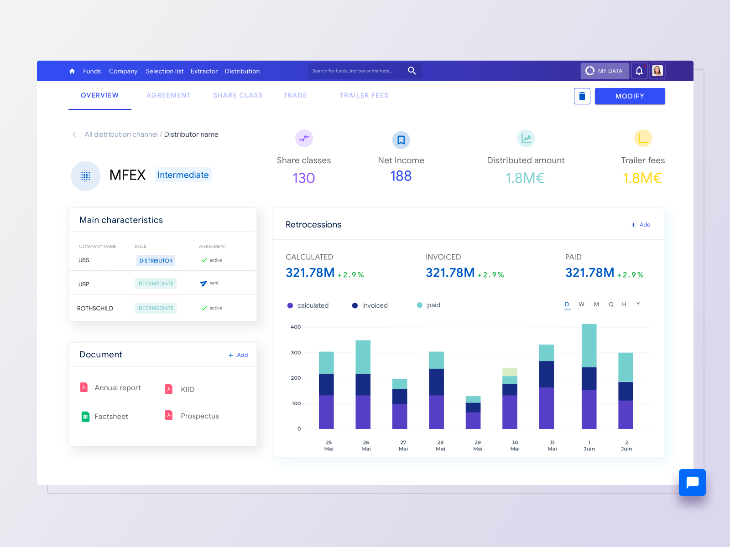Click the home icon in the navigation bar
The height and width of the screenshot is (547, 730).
[72, 71]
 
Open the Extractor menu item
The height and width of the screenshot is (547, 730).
[204, 71]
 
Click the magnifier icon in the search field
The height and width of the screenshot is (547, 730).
[412, 71]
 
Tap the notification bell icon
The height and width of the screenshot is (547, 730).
[639, 71]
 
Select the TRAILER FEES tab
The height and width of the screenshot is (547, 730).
[364, 95]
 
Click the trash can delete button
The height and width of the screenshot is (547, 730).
[582, 96]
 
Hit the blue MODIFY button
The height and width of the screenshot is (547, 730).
[630, 96]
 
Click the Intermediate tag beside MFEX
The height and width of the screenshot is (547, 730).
[183, 175]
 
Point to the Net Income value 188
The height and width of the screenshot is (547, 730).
[401, 176]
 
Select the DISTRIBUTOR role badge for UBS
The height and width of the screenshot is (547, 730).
[156, 261]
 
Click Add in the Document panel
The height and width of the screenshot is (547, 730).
[239, 355]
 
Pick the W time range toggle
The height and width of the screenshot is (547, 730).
[581, 304]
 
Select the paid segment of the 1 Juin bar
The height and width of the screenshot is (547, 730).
[589, 346]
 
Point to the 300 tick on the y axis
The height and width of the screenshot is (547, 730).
[296, 353]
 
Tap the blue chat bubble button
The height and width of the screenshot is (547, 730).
[692, 482]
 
